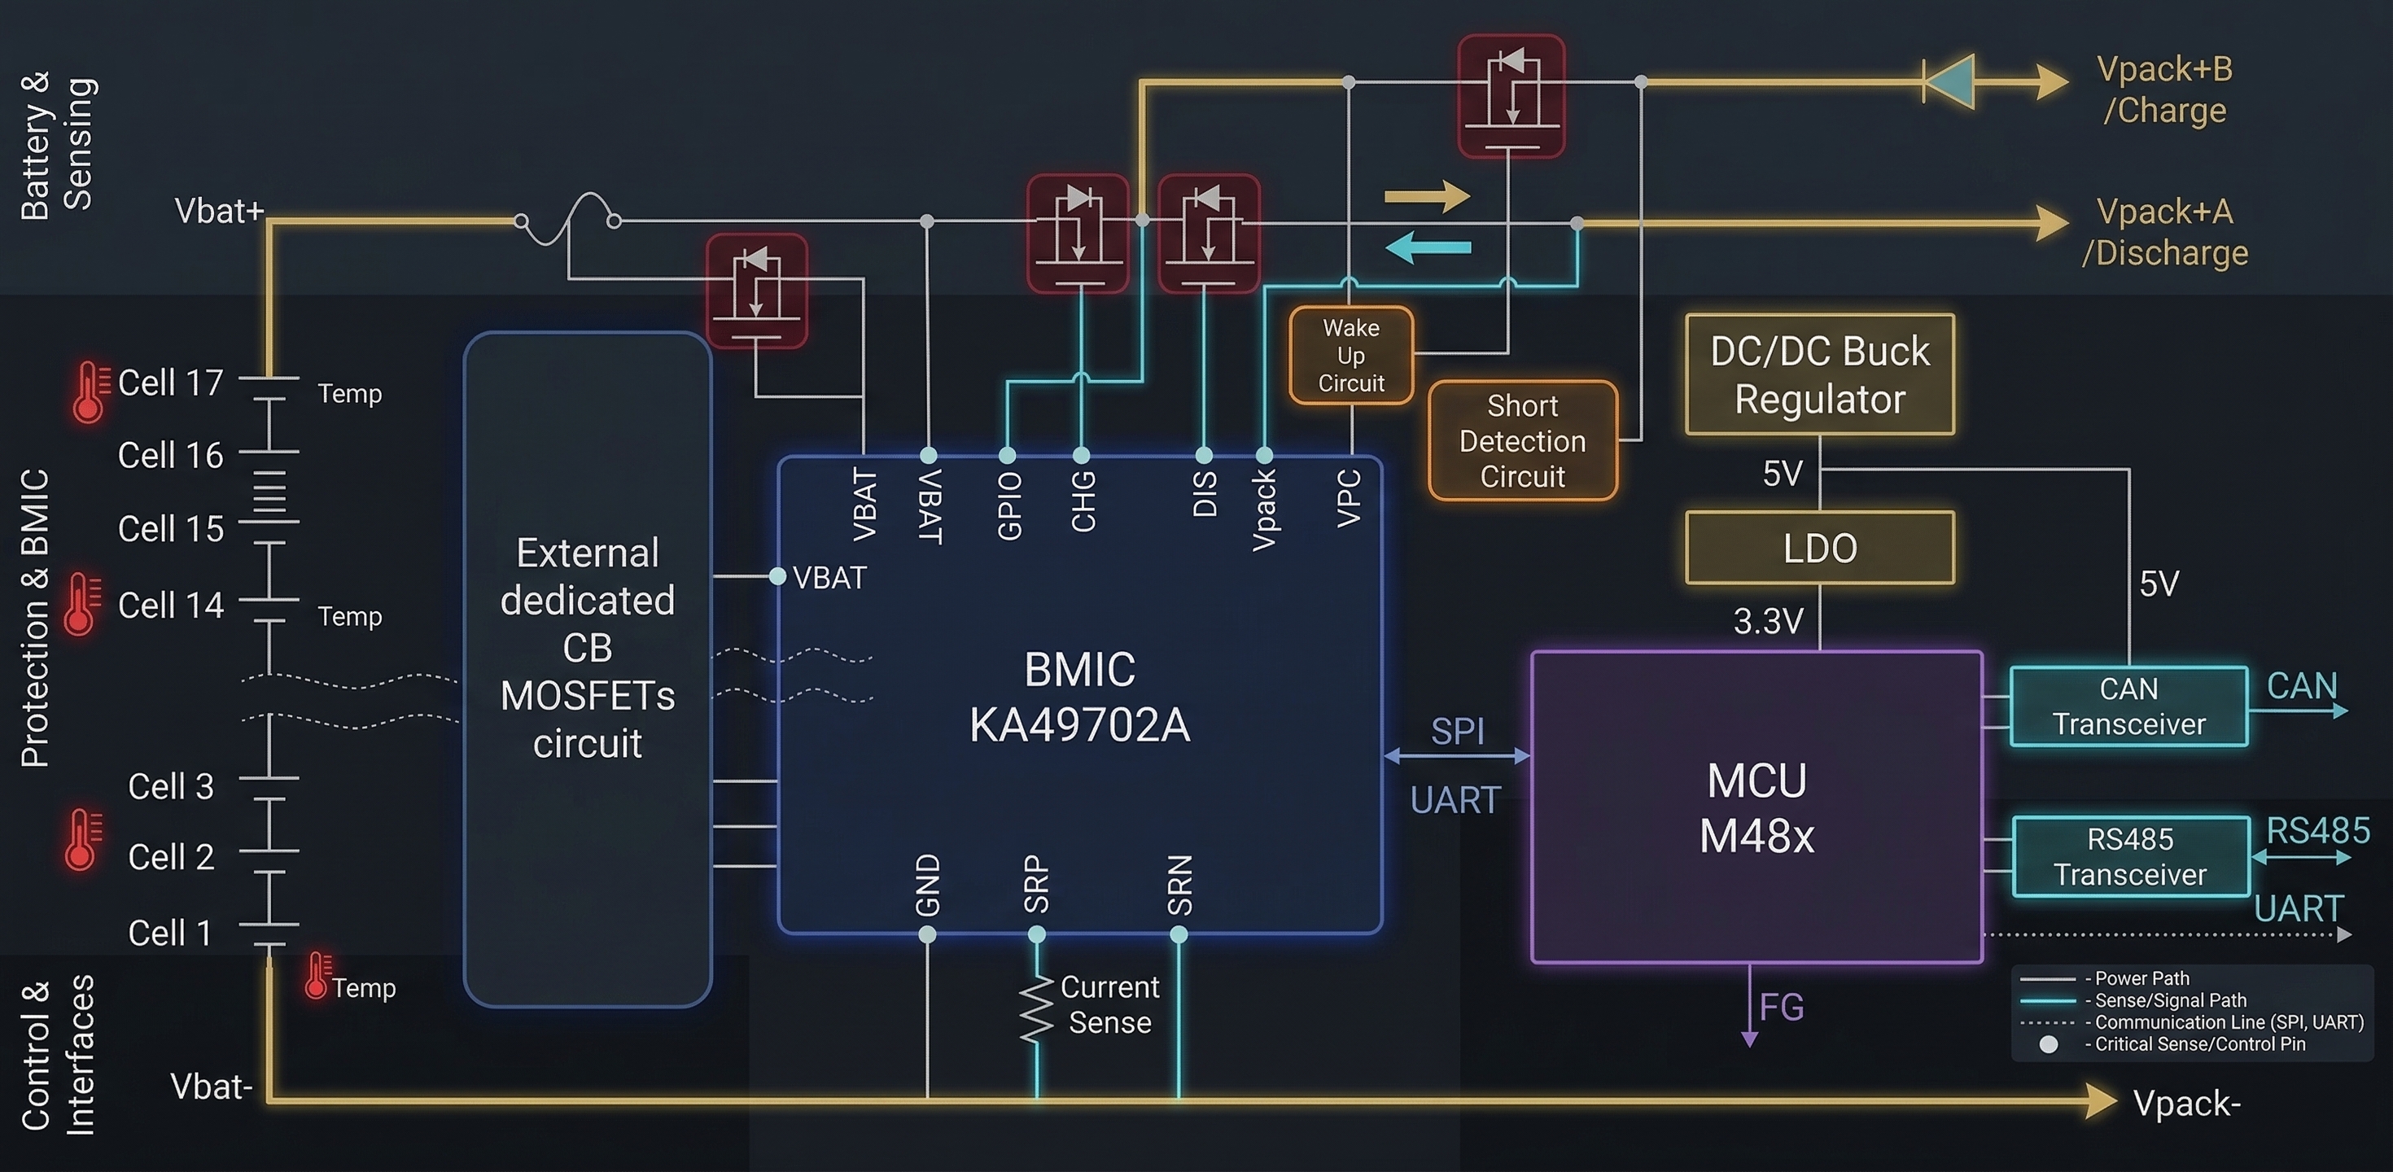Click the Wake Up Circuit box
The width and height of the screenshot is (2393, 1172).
click(1350, 355)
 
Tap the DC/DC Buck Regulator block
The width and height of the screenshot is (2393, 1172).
click(1819, 374)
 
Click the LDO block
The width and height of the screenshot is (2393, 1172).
click(1819, 548)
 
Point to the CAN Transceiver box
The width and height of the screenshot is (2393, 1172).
click(2128, 706)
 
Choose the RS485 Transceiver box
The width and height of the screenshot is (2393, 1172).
click(2129, 856)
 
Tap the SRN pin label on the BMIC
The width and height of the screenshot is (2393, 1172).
click(1179, 885)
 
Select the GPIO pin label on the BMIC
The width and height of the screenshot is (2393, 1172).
click(1008, 505)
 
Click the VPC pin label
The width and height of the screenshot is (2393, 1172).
click(1349, 499)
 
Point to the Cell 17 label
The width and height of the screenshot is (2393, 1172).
click(170, 383)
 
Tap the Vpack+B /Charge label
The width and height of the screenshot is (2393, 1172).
click(2163, 90)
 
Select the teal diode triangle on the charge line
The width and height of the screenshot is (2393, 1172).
click(1949, 81)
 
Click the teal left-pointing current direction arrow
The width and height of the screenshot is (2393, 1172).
click(1427, 248)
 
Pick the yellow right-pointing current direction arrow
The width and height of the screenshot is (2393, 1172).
click(1427, 197)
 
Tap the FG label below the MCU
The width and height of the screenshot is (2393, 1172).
click(1781, 1007)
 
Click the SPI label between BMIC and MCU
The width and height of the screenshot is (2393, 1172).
click(1457, 731)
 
